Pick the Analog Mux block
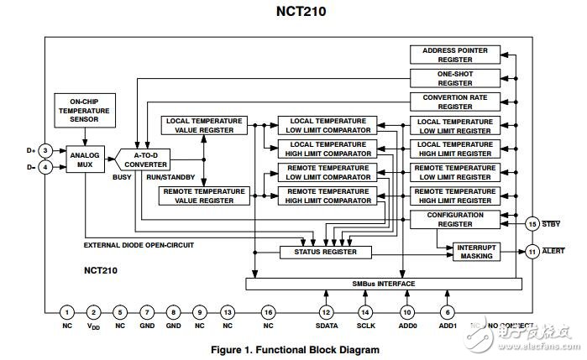84,159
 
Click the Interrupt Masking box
477,252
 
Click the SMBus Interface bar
380,284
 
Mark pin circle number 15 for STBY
532,223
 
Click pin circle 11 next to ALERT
532,251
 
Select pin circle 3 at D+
47,150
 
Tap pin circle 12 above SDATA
326,312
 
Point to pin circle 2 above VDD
93,312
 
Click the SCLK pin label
364,326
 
